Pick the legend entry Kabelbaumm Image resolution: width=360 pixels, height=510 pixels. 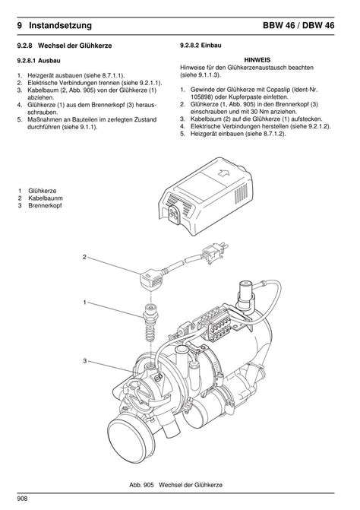pyautogui.click(x=46, y=198)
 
